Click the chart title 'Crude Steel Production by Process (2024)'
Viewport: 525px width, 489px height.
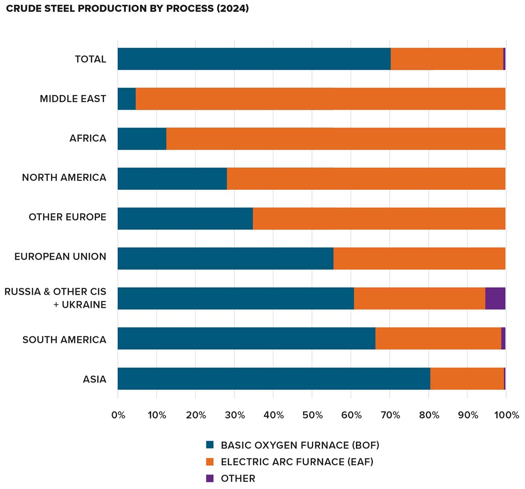coord(127,9)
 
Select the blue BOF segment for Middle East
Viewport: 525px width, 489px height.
coord(126,99)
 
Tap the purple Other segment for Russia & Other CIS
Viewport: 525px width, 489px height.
coord(495,298)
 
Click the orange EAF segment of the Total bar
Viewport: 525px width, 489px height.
coord(447,59)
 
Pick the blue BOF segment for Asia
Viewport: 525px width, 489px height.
coord(274,379)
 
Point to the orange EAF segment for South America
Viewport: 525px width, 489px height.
coord(438,339)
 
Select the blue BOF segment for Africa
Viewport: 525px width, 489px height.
coord(142,139)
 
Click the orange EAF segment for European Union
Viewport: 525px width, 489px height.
coord(419,258)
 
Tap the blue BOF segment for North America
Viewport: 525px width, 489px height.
coord(172,178)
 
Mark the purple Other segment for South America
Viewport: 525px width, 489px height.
coord(503,339)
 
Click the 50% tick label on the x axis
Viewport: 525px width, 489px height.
coord(312,415)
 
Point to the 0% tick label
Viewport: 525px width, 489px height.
coord(118,415)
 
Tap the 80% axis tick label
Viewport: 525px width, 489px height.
coord(429,415)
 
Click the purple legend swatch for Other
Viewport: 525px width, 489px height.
coord(210,478)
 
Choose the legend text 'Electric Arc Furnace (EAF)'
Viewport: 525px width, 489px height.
coord(297,462)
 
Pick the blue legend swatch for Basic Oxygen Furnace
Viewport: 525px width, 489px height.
coord(210,445)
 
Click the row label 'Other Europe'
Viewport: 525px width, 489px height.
coord(67,217)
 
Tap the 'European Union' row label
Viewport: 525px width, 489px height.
coord(60,257)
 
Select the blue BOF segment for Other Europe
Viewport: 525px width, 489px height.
coord(185,219)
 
